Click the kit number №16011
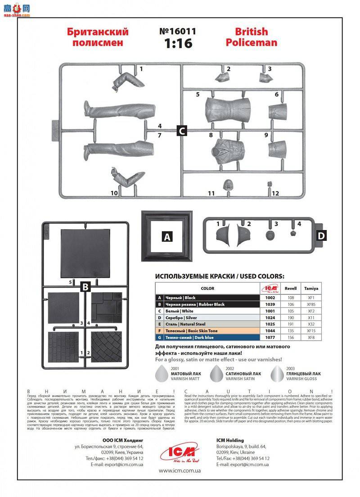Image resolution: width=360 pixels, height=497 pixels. tap(178, 32)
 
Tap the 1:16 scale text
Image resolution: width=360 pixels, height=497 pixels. tap(178, 44)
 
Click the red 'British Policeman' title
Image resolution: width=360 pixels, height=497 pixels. tap(251, 37)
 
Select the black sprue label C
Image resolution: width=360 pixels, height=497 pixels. tap(181, 131)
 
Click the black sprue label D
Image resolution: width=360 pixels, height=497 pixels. tap(321, 235)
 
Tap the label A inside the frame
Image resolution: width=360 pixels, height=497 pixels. tap(167, 237)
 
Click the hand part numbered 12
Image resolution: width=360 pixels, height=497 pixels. tap(270, 184)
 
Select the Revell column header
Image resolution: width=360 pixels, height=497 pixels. tap(291, 289)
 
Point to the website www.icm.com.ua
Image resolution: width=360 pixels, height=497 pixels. tap(179, 470)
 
